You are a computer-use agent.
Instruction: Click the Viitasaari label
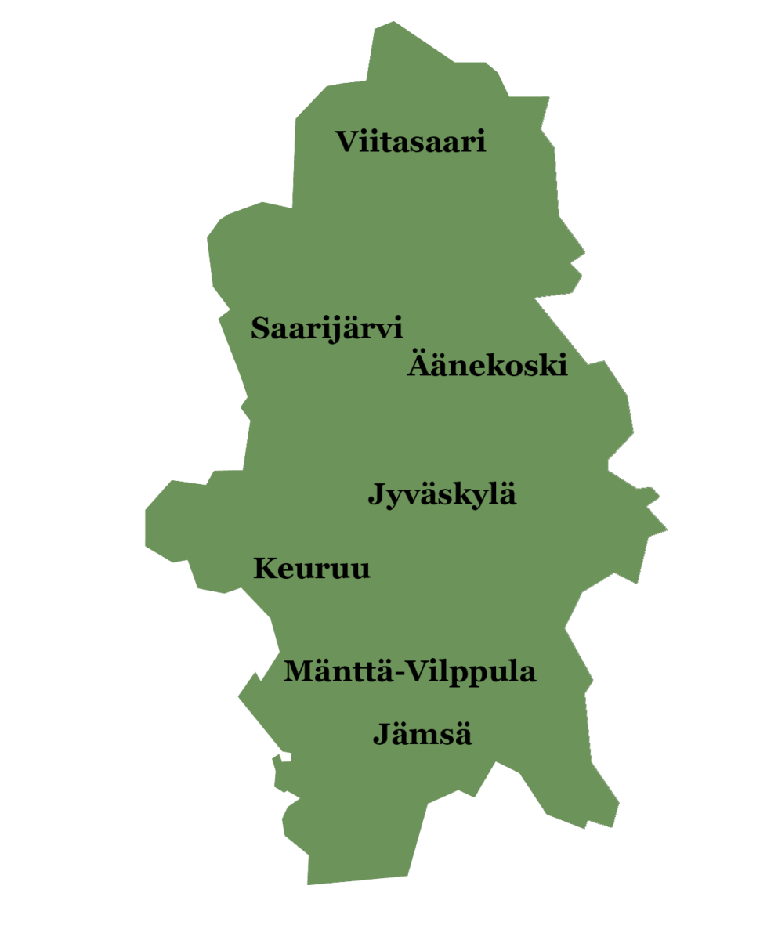coord(411,143)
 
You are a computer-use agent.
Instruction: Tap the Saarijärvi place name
coord(327,328)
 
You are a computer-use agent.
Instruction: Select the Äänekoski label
coord(487,365)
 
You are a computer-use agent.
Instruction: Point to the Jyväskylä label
coord(442,495)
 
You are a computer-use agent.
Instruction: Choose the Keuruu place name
coord(311,569)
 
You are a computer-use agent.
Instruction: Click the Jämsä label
coord(422,735)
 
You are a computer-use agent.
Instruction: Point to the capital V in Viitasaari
coord(348,143)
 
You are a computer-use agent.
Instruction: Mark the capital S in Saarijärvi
coord(261,328)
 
